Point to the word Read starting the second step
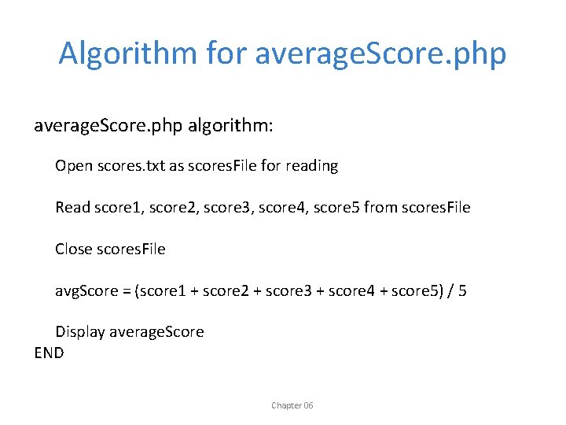[x=72, y=208]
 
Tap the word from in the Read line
[x=380, y=208]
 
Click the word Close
[x=73, y=249]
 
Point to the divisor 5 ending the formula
[x=462, y=291]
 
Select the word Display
[x=79, y=332]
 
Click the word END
[x=49, y=353]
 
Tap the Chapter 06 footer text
[x=292, y=405]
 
